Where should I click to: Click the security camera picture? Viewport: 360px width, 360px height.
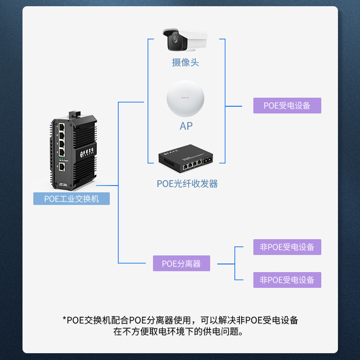184,39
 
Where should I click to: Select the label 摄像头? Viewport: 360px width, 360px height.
185,63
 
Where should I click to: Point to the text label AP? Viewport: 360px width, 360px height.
186,126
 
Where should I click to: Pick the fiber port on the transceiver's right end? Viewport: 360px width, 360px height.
208,161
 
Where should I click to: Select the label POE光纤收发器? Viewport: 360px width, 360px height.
187,184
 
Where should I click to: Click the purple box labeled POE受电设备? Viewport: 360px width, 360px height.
287,106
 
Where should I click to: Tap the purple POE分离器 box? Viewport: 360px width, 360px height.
181,263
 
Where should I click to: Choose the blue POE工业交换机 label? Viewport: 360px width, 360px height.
72,198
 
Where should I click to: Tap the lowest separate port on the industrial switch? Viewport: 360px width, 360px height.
62,167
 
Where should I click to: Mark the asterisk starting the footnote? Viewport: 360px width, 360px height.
64,320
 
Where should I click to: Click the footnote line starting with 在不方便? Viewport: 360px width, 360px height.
180,333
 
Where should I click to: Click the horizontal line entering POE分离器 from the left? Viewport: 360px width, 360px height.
135,263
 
